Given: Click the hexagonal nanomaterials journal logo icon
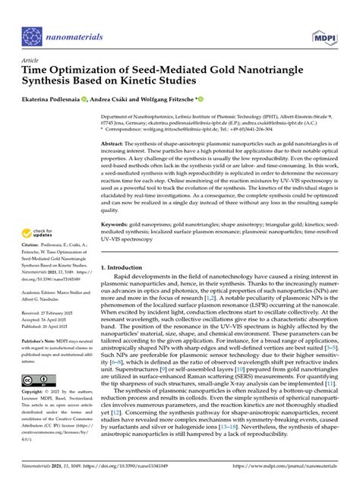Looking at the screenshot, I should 33,36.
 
